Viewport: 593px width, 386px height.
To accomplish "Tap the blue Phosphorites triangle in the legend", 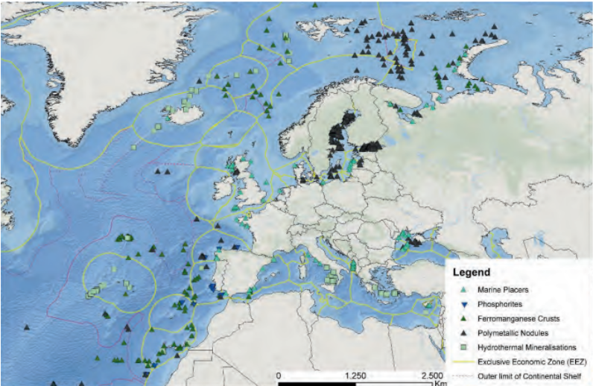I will click(462, 304).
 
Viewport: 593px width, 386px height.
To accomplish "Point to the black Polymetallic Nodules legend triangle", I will click(462, 332).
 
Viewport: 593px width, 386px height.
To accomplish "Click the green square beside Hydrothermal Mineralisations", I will click(462, 347).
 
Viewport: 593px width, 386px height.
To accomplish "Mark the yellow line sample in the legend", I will click(462, 361).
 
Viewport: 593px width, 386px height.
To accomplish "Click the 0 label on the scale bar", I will click(279, 373).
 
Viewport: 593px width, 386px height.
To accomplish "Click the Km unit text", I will click(440, 383).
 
